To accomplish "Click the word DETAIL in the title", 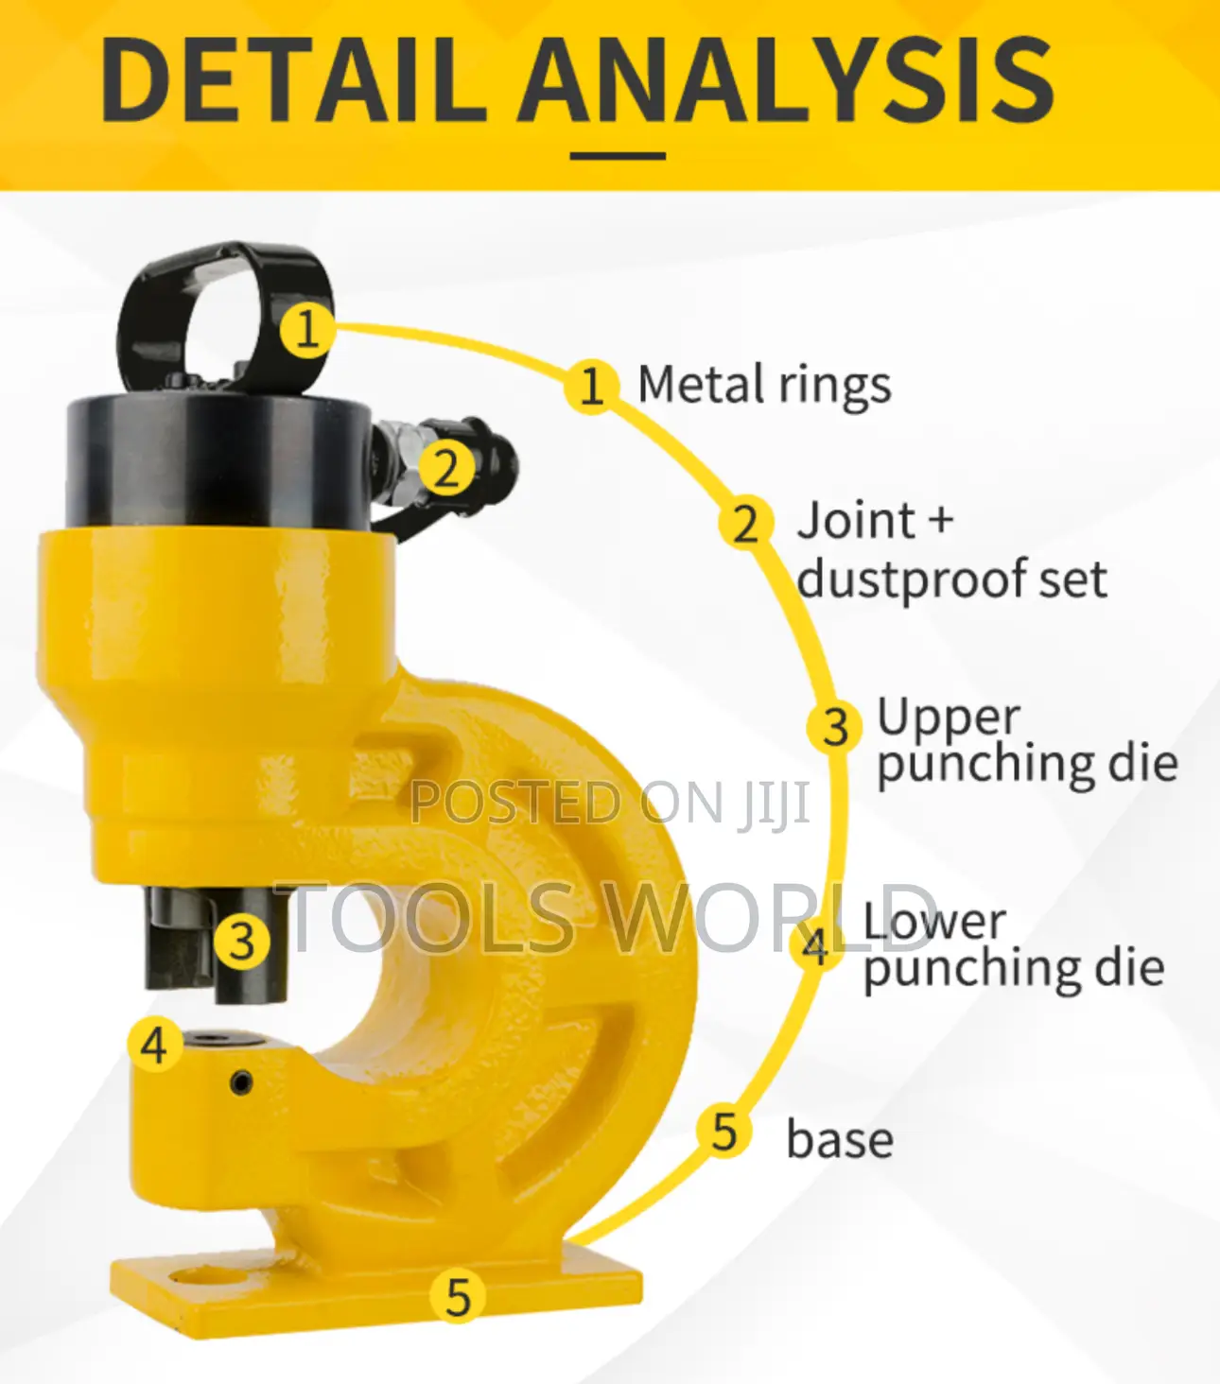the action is [x=294, y=80].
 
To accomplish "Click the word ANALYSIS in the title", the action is [x=787, y=80].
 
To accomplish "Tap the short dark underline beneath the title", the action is [x=618, y=156].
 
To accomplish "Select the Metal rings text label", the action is [x=764, y=386].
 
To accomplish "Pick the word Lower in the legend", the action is [x=934, y=923].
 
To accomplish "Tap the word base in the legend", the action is [x=840, y=1140].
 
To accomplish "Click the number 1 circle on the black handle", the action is [x=307, y=330].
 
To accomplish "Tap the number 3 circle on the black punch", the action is [x=242, y=942].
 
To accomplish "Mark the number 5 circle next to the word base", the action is [x=724, y=1132].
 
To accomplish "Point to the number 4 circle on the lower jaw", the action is [x=155, y=1044].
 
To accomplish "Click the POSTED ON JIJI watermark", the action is [x=610, y=804].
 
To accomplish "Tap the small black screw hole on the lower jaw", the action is [x=240, y=1082].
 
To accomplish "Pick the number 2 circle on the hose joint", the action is [x=447, y=469].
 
